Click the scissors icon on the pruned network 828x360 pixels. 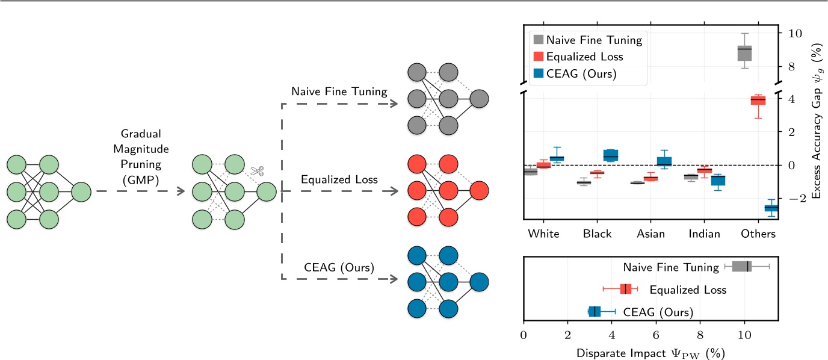pyautogui.click(x=258, y=171)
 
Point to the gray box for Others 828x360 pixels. pyautogui.click(x=744, y=53)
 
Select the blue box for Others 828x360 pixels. pyautogui.click(x=771, y=208)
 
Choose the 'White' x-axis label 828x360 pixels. pyautogui.click(x=543, y=234)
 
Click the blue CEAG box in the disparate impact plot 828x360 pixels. pyautogui.click(x=594, y=311)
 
